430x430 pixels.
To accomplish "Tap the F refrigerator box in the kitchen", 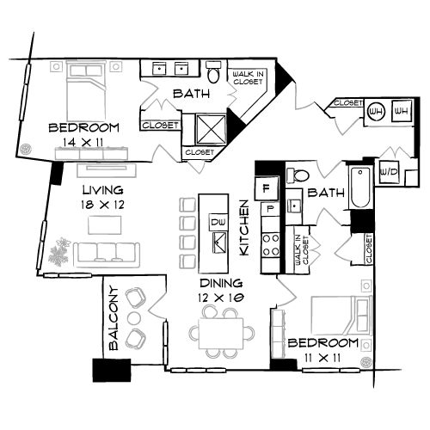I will pyautogui.click(x=267, y=187).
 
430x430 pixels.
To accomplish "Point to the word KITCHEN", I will pyautogui.click(x=244, y=228).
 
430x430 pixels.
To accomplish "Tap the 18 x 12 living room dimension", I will pyautogui.click(x=101, y=206).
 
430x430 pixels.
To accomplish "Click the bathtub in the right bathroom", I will pyautogui.click(x=359, y=187).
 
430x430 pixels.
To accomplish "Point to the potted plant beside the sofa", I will pyautogui.click(x=61, y=253).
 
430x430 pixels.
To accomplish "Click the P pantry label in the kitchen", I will pyautogui.click(x=268, y=207).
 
